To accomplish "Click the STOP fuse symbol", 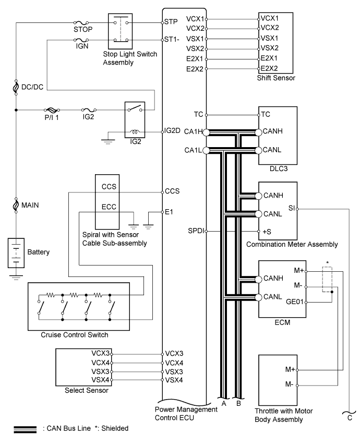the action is coord(81,22).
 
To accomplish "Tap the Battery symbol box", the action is coord(16,253).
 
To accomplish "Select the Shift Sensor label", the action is coord(276,78).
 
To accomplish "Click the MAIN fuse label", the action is coord(30,205).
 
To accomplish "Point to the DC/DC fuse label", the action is coord(32,87).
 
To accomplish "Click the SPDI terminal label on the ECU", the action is coord(196,231).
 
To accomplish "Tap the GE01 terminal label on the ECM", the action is coord(295,302).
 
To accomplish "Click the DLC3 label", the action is coord(279,168).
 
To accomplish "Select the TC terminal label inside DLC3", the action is coord(266,114).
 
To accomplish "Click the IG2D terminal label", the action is coord(172,130).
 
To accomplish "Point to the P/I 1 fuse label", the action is coord(52,117).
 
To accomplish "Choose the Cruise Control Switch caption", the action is coord(75,335).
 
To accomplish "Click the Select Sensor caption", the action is coord(87,390).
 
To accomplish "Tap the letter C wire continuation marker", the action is coord(350,418).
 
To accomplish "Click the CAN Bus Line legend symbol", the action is coord(25,429).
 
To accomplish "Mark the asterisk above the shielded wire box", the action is coord(328,262).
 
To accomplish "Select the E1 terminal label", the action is coord(169,212).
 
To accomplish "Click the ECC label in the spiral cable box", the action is coord(109,207).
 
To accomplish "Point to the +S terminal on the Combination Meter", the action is coord(267,232).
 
